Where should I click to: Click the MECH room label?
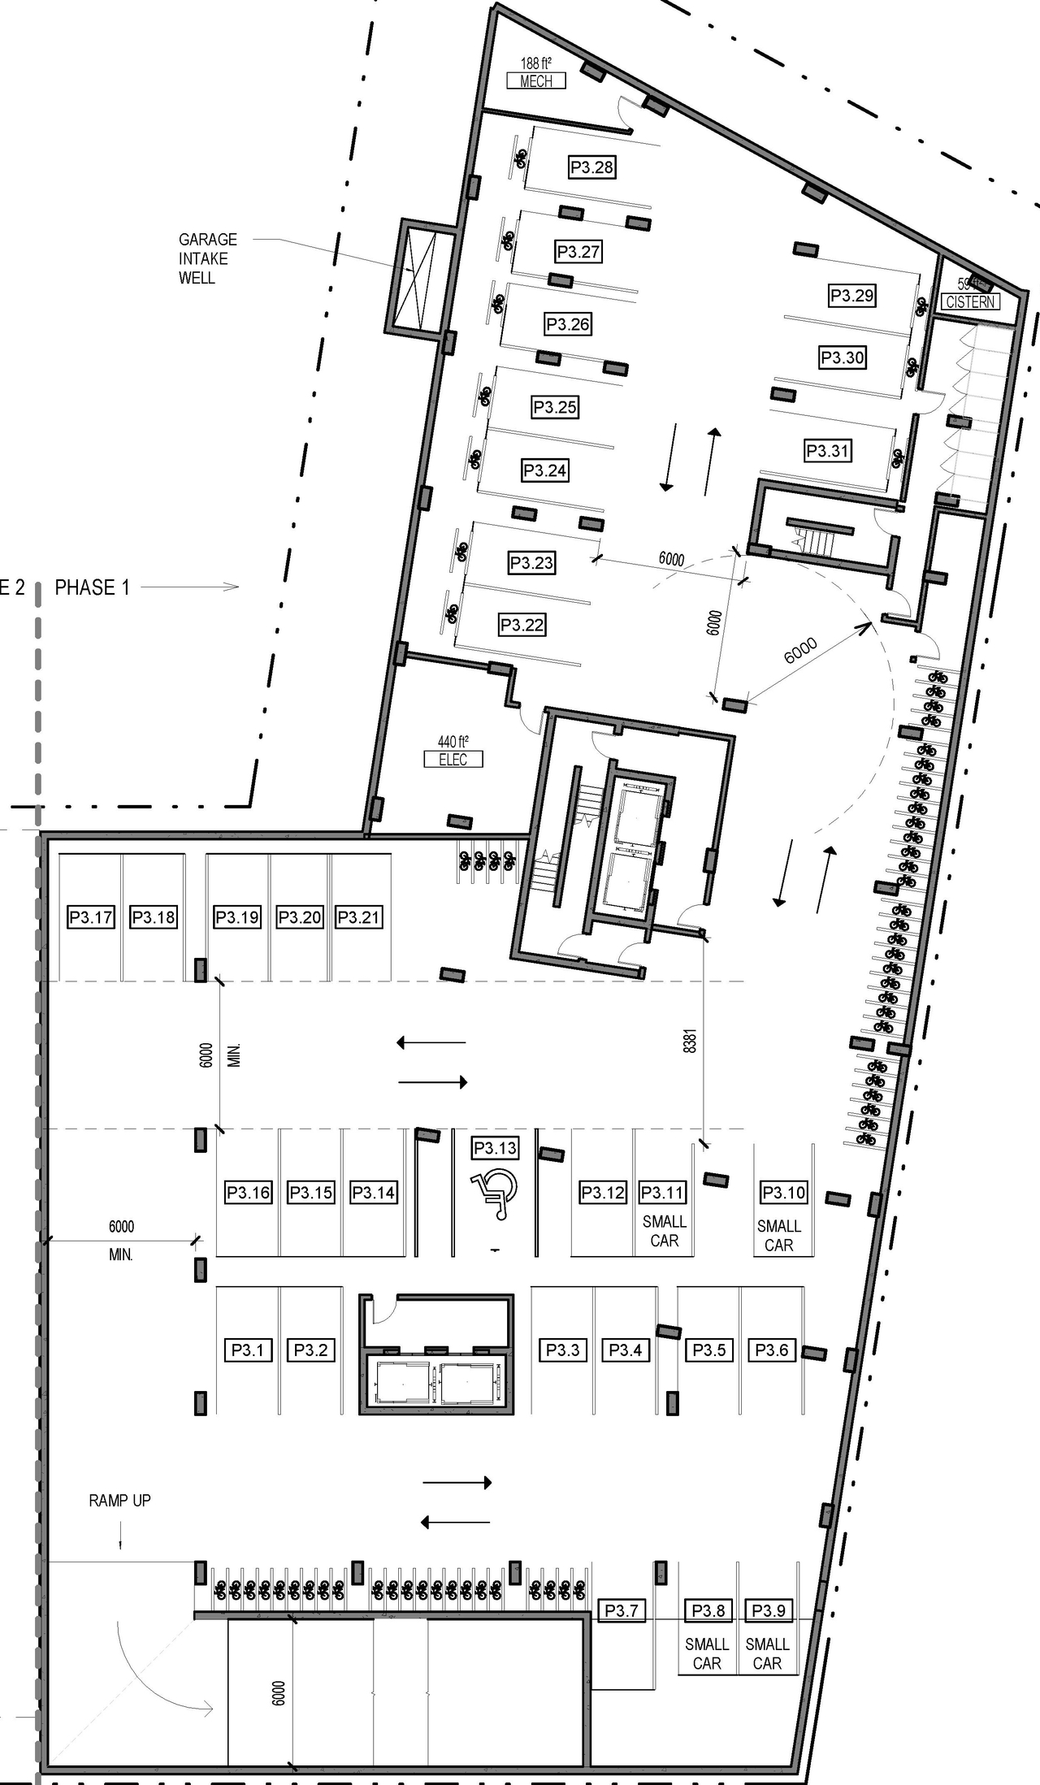(x=535, y=81)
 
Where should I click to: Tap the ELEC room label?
(x=453, y=760)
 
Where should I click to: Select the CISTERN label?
(x=971, y=301)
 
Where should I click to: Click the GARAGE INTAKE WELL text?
(x=208, y=258)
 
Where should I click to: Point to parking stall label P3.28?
(x=591, y=167)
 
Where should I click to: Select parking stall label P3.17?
(x=90, y=917)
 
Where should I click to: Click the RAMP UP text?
(x=119, y=1501)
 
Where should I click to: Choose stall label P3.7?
(x=621, y=1610)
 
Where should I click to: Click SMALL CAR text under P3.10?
(x=778, y=1235)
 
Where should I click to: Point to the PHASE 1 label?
(x=92, y=587)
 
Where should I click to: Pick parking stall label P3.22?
(x=522, y=625)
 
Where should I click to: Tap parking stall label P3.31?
(x=827, y=450)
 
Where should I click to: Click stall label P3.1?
(x=248, y=1350)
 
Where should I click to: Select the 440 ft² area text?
(x=453, y=741)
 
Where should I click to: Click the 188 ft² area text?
(x=535, y=63)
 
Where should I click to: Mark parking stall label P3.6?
(x=771, y=1350)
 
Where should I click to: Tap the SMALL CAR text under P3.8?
(x=706, y=1653)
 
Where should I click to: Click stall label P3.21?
(x=358, y=917)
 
